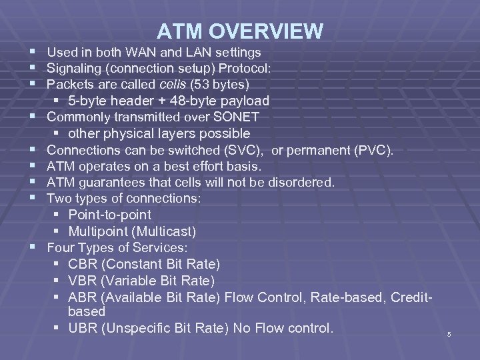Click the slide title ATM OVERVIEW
[x=241, y=31]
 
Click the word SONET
[x=228, y=117]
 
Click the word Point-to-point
[x=109, y=215]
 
